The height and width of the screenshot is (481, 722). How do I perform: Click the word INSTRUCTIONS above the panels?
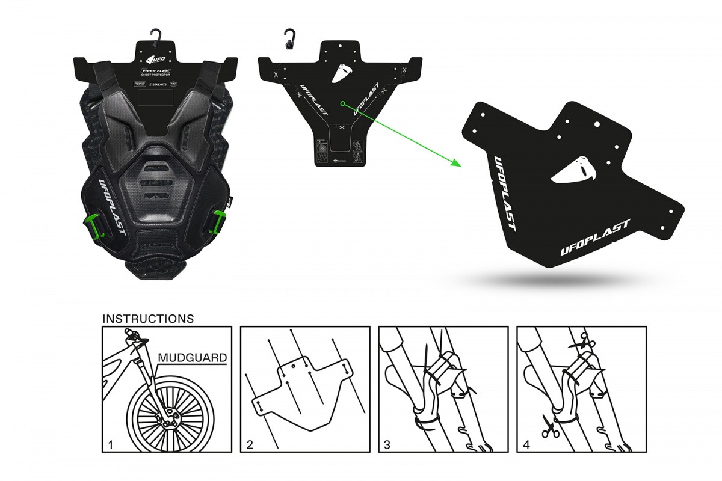(148, 318)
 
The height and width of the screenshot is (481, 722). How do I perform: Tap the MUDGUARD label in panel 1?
(192, 358)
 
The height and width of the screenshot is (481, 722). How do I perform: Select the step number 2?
(250, 446)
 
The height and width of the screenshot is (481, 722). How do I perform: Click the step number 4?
(527, 446)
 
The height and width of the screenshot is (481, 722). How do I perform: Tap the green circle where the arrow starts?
(342, 103)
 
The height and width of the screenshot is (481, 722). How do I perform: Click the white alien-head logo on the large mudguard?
(572, 170)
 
